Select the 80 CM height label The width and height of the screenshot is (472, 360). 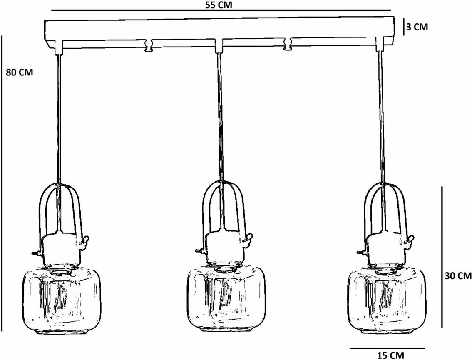click(x=19, y=72)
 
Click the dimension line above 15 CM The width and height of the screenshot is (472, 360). click(x=387, y=348)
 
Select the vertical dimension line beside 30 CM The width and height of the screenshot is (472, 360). click(x=442, y=257)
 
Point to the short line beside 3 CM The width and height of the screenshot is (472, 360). click(x=403, y=27)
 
